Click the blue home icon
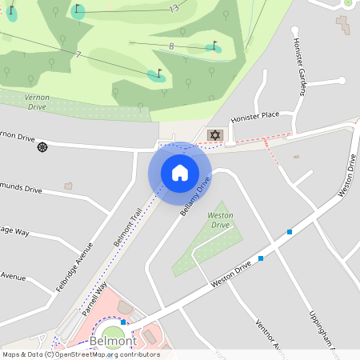click(180, 173)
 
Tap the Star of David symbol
click(214, 135)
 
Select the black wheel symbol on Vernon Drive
click(42, 146)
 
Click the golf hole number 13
click(174, 9)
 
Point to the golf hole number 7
click(78, 54)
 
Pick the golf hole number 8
click(171, 46)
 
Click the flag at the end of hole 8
click(214, 46)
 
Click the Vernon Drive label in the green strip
click(38, 102)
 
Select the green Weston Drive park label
click(220, 220)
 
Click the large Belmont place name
click(113, 341)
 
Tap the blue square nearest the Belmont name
click(123, 322)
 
